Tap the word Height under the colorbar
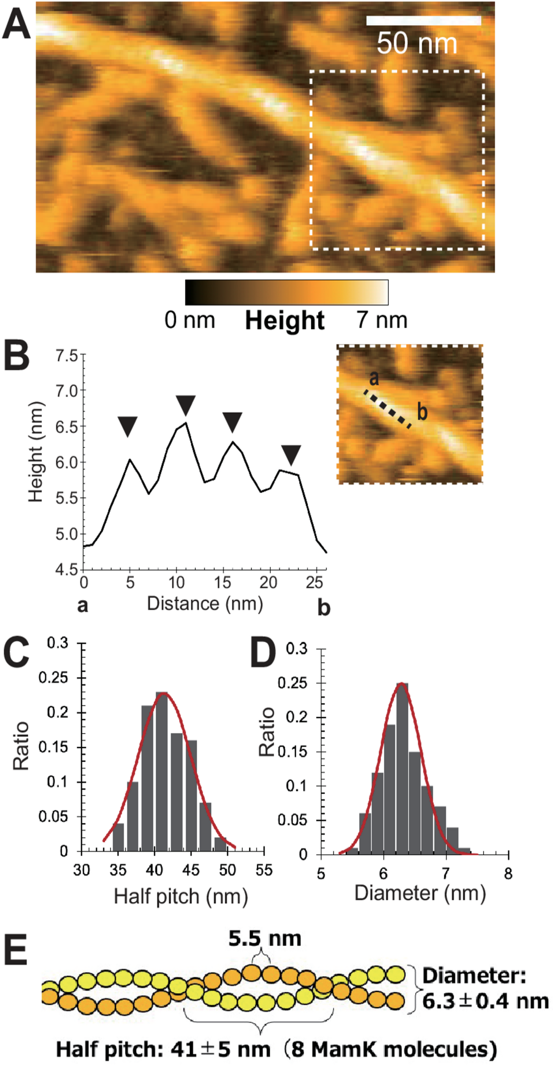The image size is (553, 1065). [x=285, y=321]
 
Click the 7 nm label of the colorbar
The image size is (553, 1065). [x=382, y=320]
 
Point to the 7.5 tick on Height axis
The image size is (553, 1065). [x=66, y=356]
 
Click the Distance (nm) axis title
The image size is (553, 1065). [x=205, y=603]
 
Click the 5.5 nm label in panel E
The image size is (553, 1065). [x=265, y=938]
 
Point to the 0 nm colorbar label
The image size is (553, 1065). [x=190, y=320]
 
